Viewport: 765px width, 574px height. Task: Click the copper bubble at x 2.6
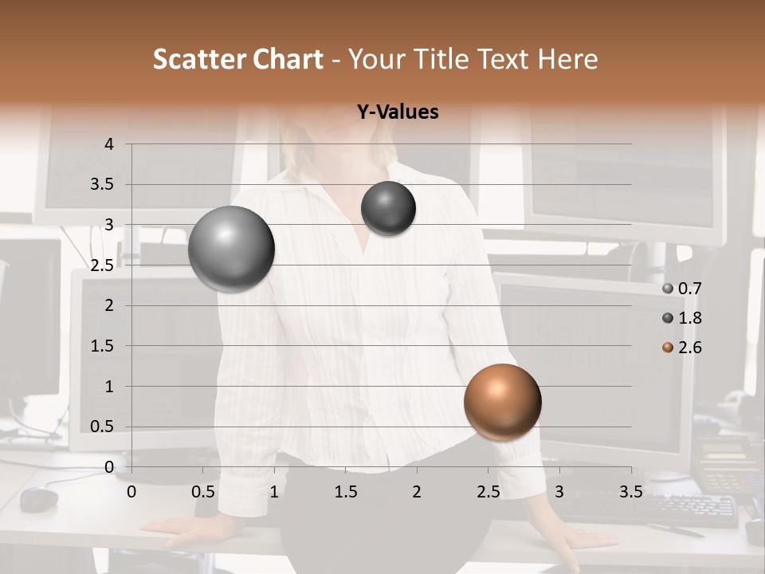pyautogui.click(x=502, y=402)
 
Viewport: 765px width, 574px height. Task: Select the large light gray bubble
pyautogui.click(x=231, y=249)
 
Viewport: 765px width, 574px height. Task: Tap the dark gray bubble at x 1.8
pyautogui.click(x=388, y=208)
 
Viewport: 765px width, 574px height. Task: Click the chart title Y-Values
pyautogui.click(x=398, y=112)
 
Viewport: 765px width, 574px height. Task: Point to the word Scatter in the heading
pyautogui.click(x=198, y=59)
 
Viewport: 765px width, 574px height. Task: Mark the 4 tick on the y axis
pyautogui.click(x=110, y=144)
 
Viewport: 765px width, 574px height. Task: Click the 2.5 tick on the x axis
pyautogui.click(x=488, y=492)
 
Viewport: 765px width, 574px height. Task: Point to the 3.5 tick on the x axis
pyautogui.click(x=630, y=492)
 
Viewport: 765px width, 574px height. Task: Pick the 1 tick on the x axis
pyautogui.click(x=274, y=492)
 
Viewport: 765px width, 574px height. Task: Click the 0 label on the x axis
pyautogui.click(x=132, y=492)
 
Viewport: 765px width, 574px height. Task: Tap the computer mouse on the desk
pyautogui.click(x=38, y=499)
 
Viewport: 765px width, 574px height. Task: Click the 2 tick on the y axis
pyautogui.click(x=110, y=305)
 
